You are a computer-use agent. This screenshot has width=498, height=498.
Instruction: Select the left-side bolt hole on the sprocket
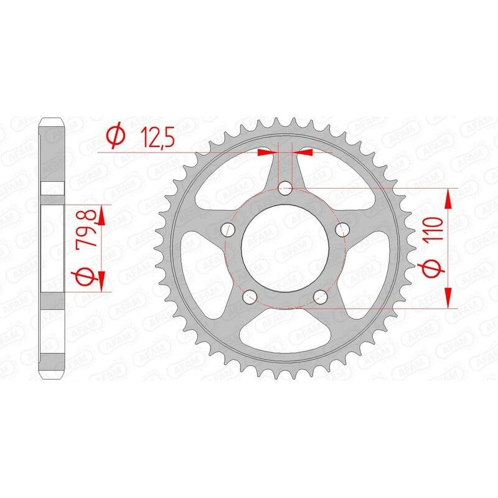228,230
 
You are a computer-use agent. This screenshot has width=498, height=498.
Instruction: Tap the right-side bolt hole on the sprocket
341,229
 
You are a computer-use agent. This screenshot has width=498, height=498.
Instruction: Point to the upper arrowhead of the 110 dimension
448,199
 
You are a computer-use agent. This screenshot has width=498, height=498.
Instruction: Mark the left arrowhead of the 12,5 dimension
268,151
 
